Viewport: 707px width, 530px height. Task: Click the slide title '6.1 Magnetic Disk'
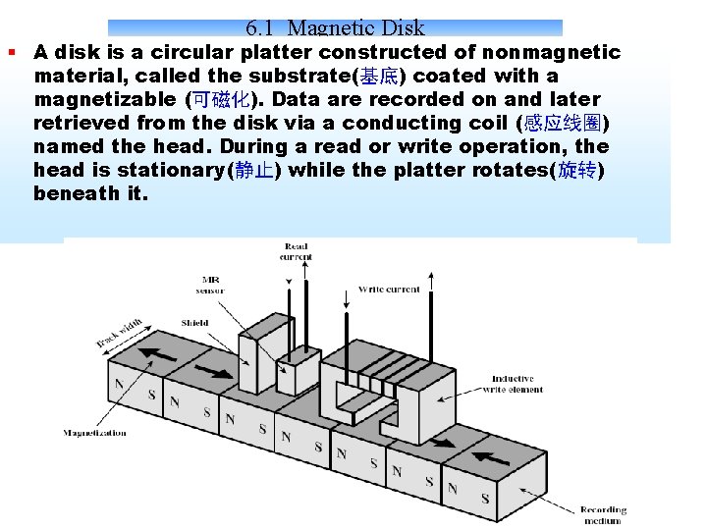tap(336, 28)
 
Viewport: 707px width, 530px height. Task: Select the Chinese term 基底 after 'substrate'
tap(379, 76)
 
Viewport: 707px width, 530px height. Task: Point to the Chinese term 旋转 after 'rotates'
tap(577, 170)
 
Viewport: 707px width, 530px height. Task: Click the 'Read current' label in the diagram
tap(296, 252)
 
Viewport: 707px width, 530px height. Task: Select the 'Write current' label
tap(389, 290)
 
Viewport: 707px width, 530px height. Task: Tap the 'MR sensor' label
tap(210, 285)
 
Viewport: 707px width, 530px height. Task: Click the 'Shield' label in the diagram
tap(194, 323)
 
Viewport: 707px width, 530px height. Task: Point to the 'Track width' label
tap(120, 333)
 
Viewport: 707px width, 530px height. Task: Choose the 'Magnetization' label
tap(94, 433)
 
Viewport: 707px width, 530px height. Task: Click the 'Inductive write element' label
tap(513, 384)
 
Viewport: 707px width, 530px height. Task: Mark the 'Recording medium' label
tap(602, 515)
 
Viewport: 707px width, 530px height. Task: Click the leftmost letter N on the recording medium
tap(120, 384)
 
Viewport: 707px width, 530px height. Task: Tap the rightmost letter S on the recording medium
tap(485, 499)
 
